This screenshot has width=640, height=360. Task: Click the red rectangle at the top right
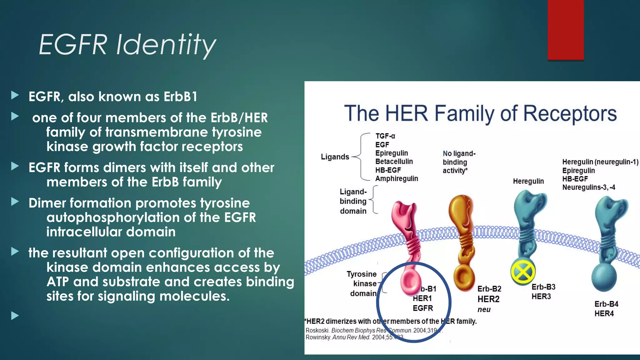[565, 30]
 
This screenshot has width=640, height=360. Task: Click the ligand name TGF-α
[385, 136]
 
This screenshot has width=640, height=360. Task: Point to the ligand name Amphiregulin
[396, 178]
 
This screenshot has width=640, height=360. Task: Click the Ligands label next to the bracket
[335, 157]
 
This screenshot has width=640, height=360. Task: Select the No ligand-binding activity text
[458, 162]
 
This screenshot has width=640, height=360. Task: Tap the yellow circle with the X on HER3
[522, 272]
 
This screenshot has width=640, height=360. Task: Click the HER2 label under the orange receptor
[488, 299]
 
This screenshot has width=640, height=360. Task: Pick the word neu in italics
[484, 309]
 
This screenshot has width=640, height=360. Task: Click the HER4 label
[604, 313]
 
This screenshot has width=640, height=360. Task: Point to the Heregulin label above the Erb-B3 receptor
[528, 181]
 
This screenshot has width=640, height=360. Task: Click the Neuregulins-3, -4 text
[588, 187]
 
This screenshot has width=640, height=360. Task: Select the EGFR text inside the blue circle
[422, 308]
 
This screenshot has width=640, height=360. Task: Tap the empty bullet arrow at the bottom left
[15, 316]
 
